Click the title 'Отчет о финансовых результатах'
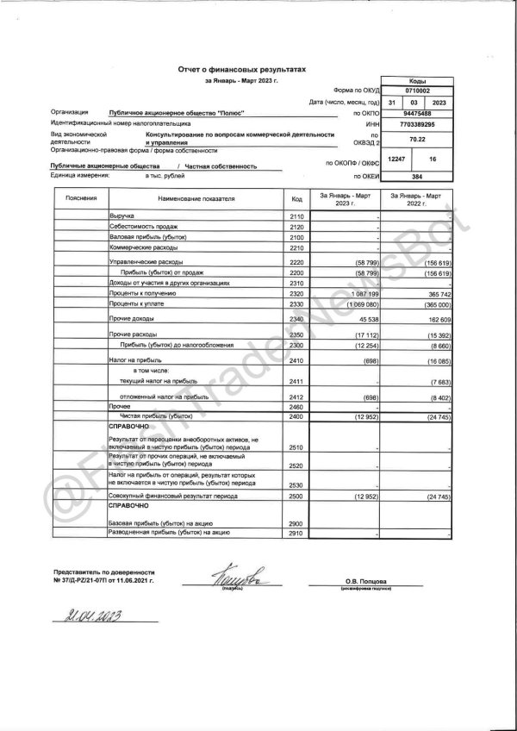241,68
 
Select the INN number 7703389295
418,124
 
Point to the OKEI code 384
418,176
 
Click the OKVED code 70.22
418,138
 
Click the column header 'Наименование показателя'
196,199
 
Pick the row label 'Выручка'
122,216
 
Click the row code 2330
298,304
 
